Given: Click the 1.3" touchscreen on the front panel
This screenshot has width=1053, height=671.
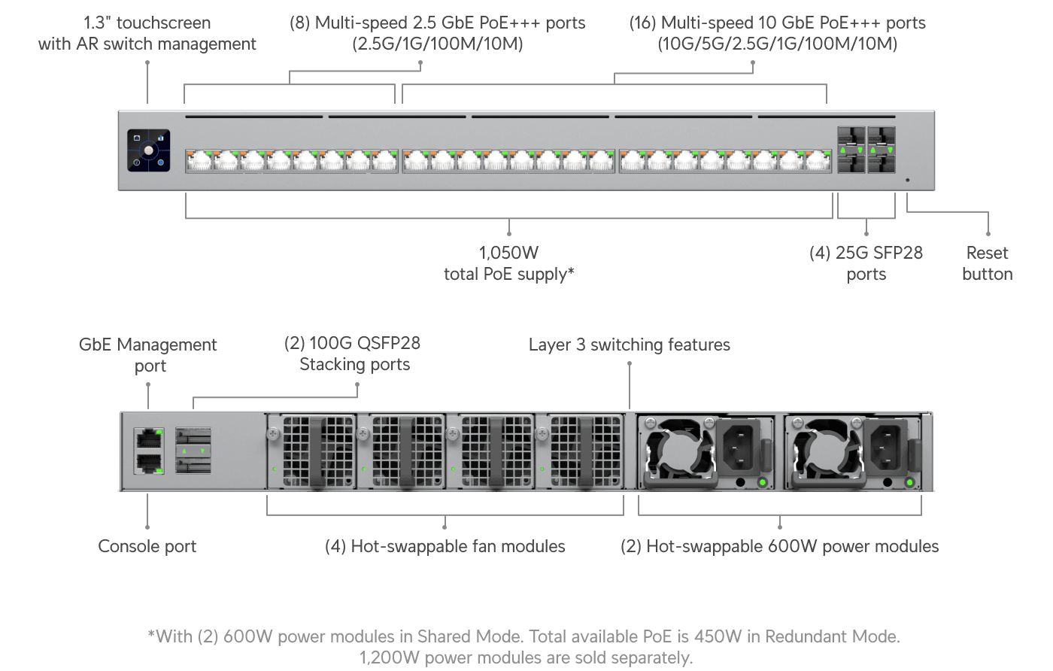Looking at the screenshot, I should (x=148, y=150).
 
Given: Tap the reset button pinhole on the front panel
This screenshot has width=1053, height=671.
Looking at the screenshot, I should (x=907, y=181).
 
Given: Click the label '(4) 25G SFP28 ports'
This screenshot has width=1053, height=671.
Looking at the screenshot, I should (x=866, y=263).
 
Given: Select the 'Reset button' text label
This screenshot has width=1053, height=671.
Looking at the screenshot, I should (x=987, y=263).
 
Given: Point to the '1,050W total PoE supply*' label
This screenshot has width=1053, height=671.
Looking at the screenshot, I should (x=508, y=263).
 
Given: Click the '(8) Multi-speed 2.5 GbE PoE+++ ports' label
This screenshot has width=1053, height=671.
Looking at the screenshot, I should (x=437, y=33).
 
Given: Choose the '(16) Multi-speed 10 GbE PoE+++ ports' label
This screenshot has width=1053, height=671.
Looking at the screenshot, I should (x=777, y=33).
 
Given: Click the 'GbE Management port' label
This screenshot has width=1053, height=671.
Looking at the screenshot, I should (x=148, y=355).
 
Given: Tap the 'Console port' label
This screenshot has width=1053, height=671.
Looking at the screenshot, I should (x=147, y=547).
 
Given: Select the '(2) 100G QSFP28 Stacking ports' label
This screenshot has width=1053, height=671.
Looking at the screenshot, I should (x=354, y=354).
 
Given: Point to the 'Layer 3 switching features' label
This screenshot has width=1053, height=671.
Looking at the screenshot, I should (x=629, y=345).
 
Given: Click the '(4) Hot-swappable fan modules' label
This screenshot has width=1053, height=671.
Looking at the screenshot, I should (x=445, y=547).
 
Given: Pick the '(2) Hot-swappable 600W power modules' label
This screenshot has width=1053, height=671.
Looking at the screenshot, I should (x=779, y=547).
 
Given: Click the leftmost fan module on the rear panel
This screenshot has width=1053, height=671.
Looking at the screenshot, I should (x=311, y=451).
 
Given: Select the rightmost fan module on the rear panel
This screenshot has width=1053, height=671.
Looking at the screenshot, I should (x=579, y=451).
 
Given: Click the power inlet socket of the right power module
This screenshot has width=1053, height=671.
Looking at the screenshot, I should (x=885, y=446).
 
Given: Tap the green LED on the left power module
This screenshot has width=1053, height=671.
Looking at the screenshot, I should (x=762, y=482).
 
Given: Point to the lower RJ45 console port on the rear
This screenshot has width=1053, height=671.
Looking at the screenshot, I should (x=149, y=463).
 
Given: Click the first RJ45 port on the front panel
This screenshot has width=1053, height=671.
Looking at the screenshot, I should (x=199, y=161).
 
